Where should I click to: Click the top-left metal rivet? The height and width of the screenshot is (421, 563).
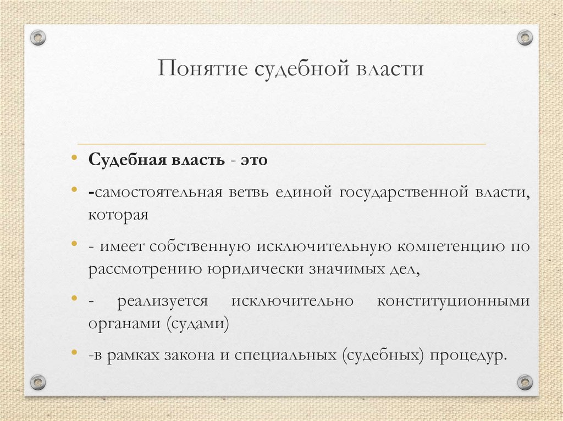(38, 37)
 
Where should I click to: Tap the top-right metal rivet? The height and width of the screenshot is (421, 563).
(525, 37)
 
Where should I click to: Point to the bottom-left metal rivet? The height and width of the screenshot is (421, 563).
(38, 381)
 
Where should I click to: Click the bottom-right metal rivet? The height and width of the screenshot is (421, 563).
(525, 381)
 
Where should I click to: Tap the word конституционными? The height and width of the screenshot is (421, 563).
(454, 301)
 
